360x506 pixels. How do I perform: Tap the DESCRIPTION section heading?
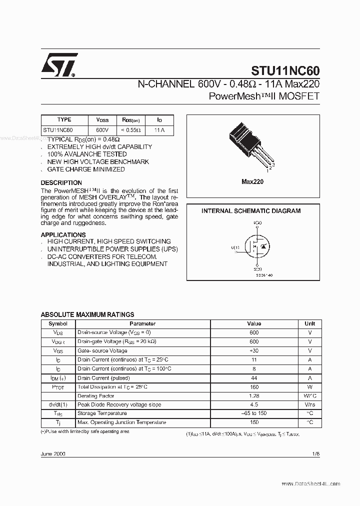[61, 183]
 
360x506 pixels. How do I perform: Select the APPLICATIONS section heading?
[63, 234]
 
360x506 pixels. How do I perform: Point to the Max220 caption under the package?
[252, 182]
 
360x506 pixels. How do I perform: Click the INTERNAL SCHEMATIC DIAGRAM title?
[251, 211]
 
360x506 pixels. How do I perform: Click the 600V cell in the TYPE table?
[102, 130]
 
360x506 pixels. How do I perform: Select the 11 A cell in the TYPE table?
[159, 130]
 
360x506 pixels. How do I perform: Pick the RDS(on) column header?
[131, 120]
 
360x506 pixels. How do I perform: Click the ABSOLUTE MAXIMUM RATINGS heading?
[87, 314]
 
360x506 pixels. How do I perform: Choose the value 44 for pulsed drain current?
[254, 378]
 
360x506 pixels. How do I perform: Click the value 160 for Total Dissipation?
[254, 387]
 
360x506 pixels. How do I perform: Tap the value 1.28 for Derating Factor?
[254, 396]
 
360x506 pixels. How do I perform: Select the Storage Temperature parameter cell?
[101, 413]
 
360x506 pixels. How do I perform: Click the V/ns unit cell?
[309, 404]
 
